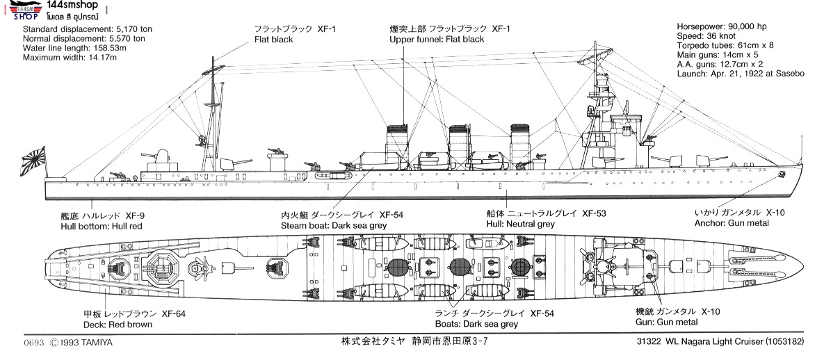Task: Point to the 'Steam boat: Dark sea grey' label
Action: coord(334,226)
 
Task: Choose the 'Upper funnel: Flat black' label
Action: coord(436,40)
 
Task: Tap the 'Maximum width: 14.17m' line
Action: coord(72,58)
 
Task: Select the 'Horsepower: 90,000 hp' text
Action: coord(722,26)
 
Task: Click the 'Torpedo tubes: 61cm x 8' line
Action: coord(727,45)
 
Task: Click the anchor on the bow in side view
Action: coord(781,173)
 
